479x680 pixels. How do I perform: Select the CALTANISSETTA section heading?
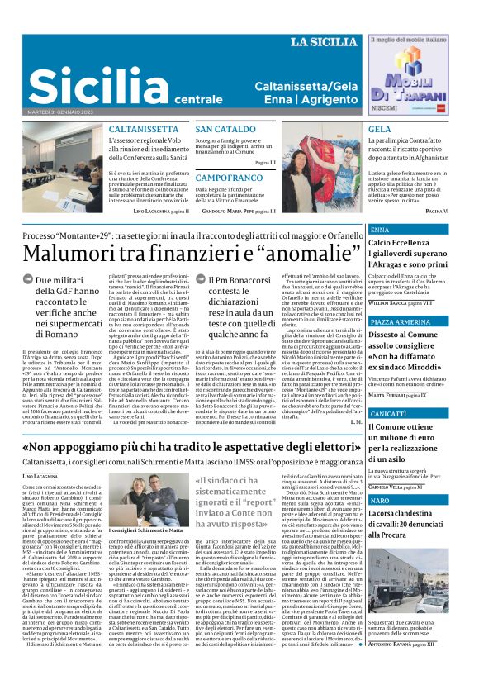(144, 130)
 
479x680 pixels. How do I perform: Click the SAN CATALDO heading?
(225, 130)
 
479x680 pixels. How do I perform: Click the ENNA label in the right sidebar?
(382, 230)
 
